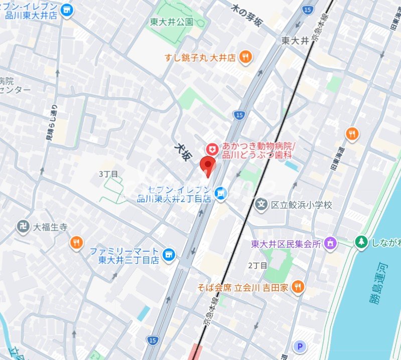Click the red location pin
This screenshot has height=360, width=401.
click(208, 165)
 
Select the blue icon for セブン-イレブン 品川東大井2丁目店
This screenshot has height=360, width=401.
click(219, 193)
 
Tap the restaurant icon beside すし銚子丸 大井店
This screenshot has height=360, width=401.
click(245, 57)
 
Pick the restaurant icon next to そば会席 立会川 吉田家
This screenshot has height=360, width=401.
click(298, 287)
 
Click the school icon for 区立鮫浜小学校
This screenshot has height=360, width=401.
click(261, 205)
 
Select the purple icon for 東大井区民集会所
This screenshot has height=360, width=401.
click(330, 244)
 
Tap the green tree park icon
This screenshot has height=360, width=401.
click(361, 242)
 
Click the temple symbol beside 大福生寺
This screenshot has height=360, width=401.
click(23, 227)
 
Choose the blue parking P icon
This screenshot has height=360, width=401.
click(300, 346)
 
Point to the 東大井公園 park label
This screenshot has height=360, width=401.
click(172, 22)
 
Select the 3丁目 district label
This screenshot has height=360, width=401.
click(108, 174)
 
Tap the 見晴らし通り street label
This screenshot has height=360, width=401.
click(52, 129)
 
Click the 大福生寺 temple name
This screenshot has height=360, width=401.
click(50, 227)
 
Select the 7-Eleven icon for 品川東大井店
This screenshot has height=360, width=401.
click(65, 10)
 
